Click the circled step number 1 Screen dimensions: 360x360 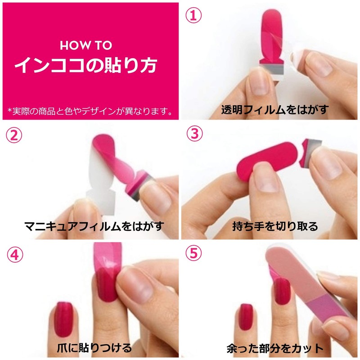(x=193, y=16)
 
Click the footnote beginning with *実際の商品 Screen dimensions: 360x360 (x=90, y=111)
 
